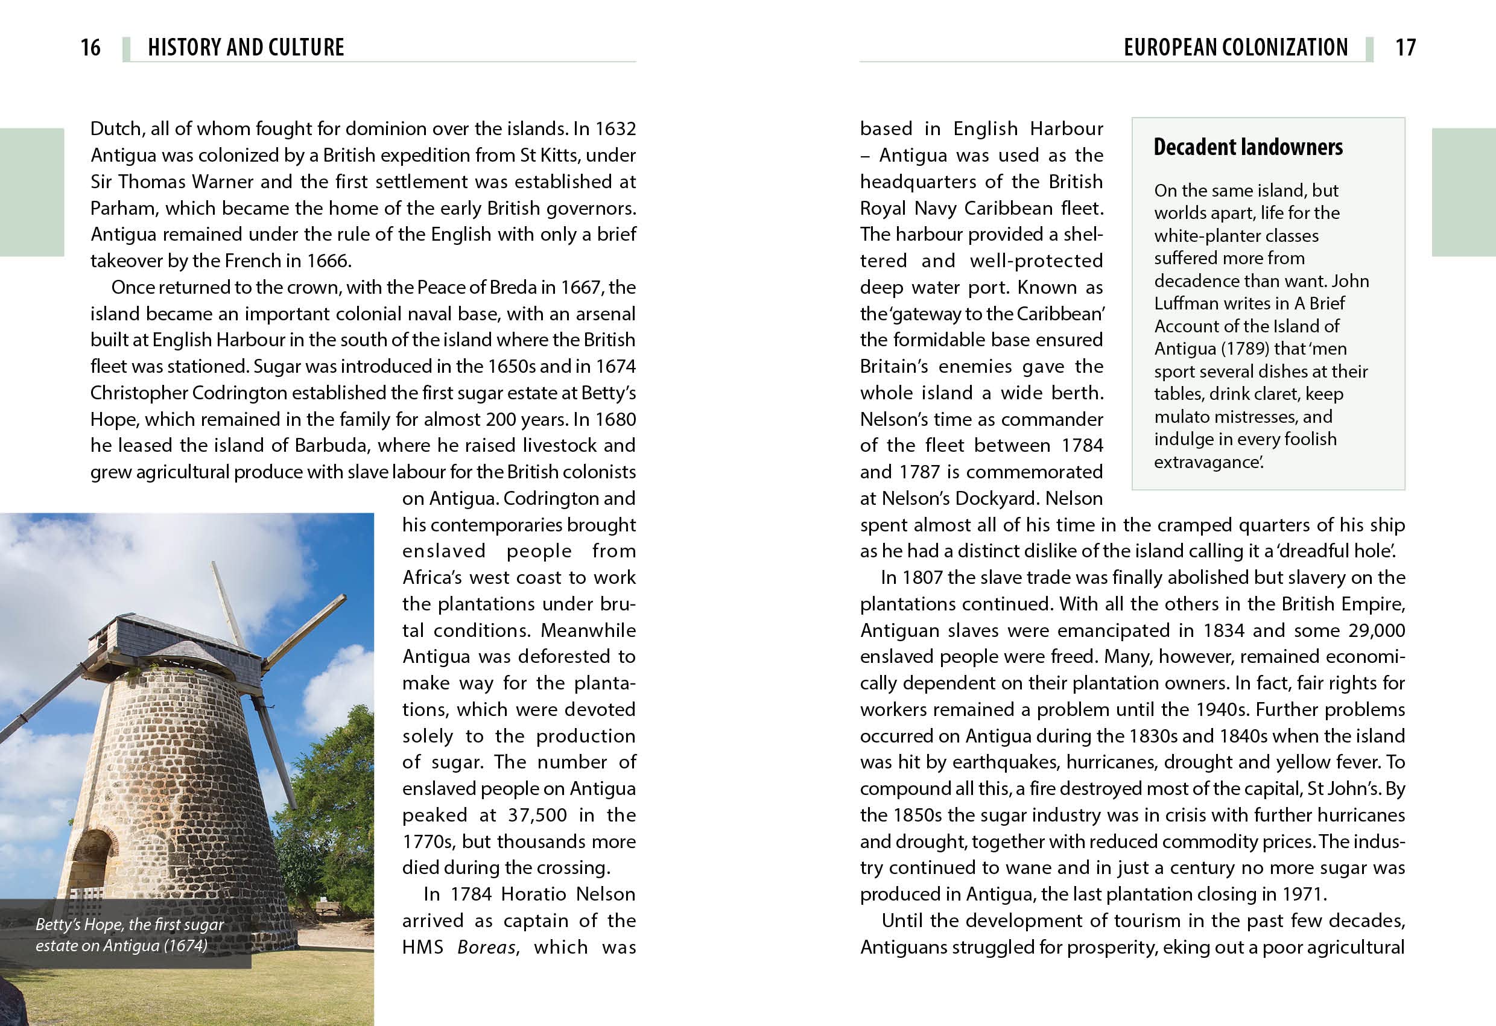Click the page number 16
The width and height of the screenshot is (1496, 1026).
tap(90, 47)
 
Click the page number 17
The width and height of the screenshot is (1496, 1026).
tap(1406, 47)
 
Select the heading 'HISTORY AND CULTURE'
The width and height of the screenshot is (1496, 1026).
tap(246, 47)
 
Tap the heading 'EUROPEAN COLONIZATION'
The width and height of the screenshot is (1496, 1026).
tap(1235, 47)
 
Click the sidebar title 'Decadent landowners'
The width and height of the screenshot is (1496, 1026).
tap(1247, 147)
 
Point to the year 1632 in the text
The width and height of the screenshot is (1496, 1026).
tap(615, 128)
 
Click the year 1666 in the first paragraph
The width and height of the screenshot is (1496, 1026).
tap(328, 261)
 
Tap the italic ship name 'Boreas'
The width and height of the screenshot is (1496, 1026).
tap(487, 948)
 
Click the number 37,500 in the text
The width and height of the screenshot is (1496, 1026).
tap(537, 815)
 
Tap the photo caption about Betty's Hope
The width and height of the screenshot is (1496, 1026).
tap(129, 934)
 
